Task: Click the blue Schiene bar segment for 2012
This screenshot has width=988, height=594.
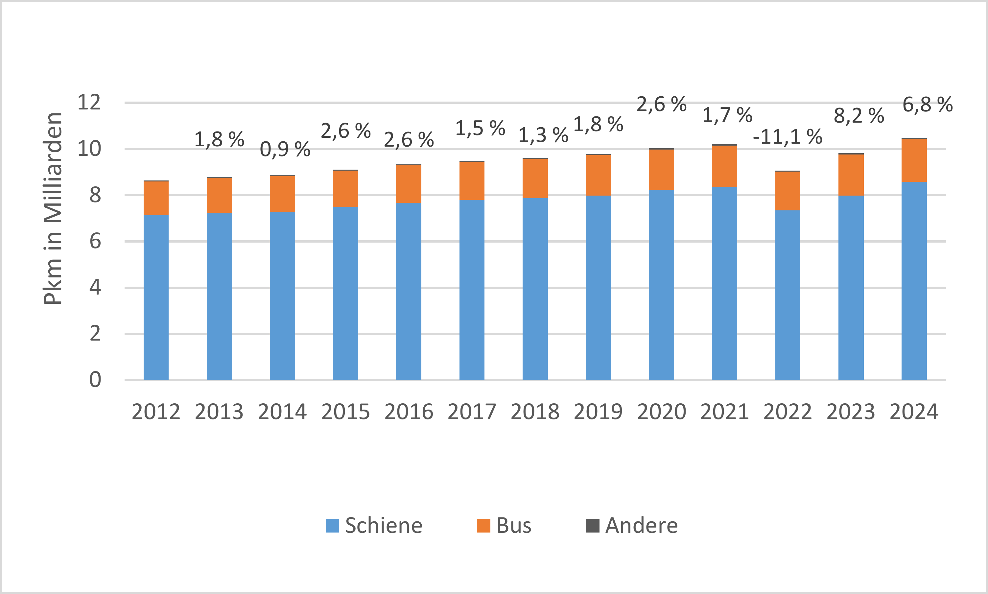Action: coord(156,297)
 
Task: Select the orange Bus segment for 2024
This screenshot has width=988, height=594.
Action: coord(914,160)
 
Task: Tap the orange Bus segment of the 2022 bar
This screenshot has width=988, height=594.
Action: coord(788,191)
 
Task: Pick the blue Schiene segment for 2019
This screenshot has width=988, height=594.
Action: coord(598,288)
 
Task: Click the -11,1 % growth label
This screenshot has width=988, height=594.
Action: coord(788,137)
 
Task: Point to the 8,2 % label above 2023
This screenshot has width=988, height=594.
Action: coord(859,116)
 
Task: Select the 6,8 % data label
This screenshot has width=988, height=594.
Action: coord(928,105)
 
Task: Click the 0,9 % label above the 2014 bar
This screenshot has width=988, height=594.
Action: coord(285,150)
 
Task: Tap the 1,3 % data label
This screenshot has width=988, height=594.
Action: coord(543,135)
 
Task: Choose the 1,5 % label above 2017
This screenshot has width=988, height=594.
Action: coord(480,129)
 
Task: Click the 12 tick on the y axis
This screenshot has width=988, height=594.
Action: coord(89,103)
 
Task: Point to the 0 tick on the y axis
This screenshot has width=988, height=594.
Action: coord(95,380)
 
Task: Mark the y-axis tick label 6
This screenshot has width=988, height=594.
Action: coord(95,241)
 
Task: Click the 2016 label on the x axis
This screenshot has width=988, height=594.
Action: coord(409,412)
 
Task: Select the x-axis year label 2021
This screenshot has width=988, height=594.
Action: coord(724,412)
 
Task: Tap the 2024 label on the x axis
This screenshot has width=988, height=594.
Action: coord(914,412)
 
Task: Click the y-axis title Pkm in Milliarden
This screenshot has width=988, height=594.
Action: coord(53,208)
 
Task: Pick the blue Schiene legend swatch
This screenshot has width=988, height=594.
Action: coord(333,526)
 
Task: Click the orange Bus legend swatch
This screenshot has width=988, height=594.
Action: coord(483,526)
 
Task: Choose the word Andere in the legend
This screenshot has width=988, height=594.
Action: coord(642,526)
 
